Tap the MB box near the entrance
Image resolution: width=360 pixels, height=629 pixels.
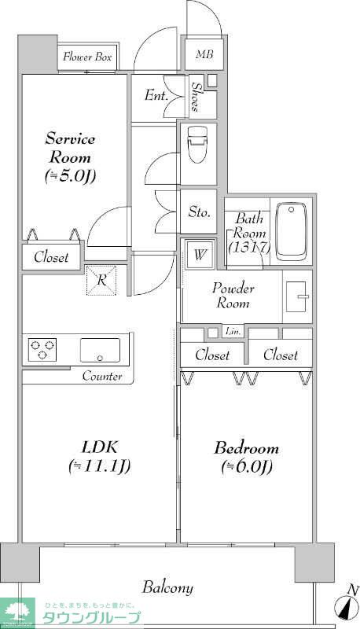[204, 54]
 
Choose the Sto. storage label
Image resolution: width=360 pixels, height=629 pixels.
[199, 212]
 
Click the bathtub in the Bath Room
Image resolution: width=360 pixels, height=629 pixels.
[292, 231]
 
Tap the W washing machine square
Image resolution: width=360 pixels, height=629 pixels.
[200, 254]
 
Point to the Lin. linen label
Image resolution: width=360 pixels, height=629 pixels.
[233, 331]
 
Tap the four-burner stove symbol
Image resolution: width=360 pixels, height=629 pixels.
[42, 349]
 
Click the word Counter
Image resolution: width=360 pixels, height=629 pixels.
[102, 377]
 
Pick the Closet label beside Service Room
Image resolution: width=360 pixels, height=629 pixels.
[51, 257]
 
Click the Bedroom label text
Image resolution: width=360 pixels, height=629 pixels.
[247, 449]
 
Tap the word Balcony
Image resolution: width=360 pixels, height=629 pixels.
[167, 587]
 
